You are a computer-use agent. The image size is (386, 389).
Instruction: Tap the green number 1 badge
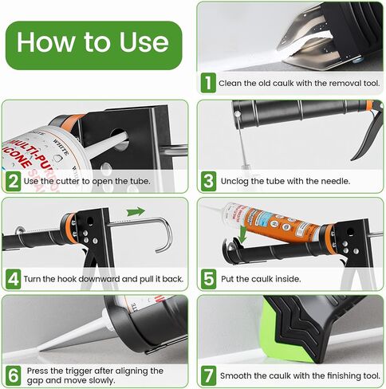[208, 82]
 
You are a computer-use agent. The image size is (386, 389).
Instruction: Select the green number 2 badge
[14, 180]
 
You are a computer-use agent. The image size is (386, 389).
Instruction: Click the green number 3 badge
[208, 180]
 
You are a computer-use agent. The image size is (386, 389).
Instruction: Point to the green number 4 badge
[14, 280]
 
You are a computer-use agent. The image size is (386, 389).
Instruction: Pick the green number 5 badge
[208, 280]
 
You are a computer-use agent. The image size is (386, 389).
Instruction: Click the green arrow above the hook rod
[136, 212]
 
